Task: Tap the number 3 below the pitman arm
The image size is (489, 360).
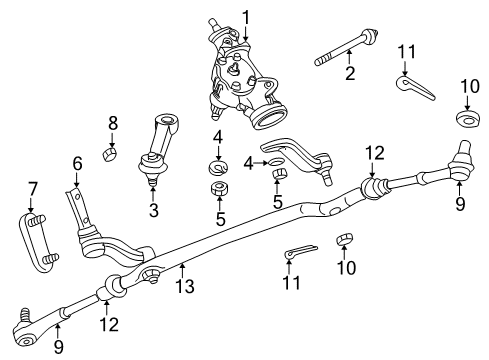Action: (x=153, y=211)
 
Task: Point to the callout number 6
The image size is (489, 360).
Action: (x=76, y=162)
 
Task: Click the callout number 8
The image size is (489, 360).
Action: (x=113, y=124)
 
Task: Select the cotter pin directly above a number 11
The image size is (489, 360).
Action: (x=299, y=253)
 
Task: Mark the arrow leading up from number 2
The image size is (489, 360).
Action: (x=350, y=58)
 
